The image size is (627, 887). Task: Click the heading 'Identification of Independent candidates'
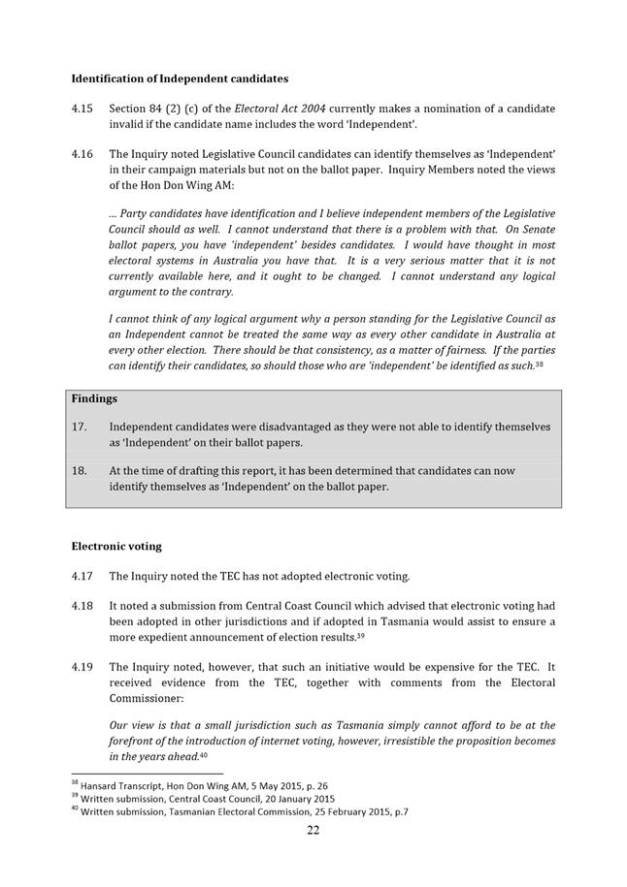pos(180,78)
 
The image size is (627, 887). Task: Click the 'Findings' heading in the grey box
pos(93,398)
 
